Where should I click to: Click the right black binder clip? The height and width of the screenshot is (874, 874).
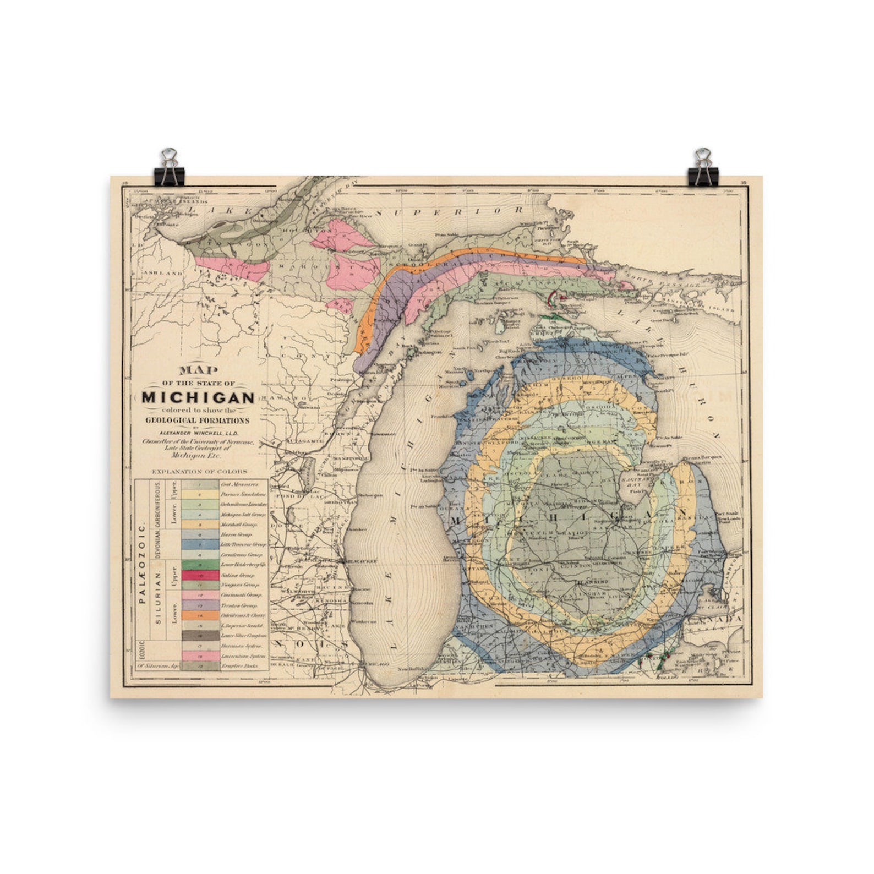(702, 168)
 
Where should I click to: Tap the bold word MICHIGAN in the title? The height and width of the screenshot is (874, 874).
(198, 397)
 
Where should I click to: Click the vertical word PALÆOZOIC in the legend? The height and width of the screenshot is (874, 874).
(142, 564)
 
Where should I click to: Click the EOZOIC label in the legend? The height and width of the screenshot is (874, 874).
(141, 650)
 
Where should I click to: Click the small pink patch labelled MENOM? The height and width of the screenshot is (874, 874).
(339, 304)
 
